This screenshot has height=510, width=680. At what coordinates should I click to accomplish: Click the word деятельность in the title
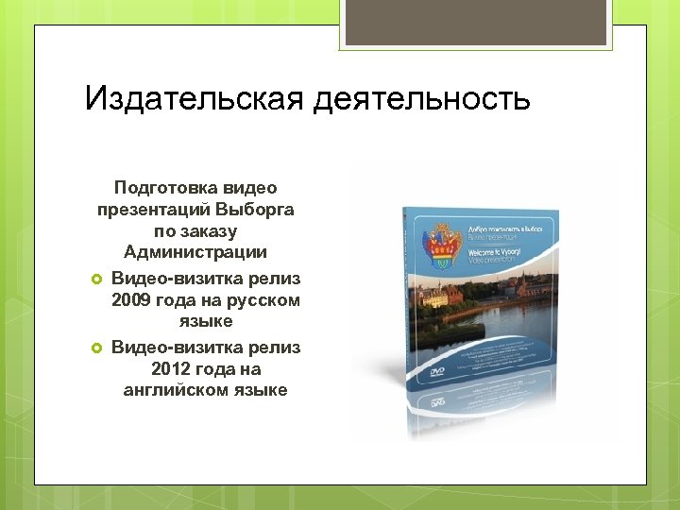pyautogui.click(x=417, y=99)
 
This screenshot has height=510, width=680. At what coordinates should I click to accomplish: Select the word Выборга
pyautogui.click(x=255, y=209)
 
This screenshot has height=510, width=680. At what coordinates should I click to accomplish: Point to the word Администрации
pyautogui.click(x=195, y=252)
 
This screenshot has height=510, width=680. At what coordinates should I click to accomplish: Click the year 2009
pyautogui.click(x=132, y=300)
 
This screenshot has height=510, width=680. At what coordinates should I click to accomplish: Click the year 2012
pyautogui.click(x=171, y=369)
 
